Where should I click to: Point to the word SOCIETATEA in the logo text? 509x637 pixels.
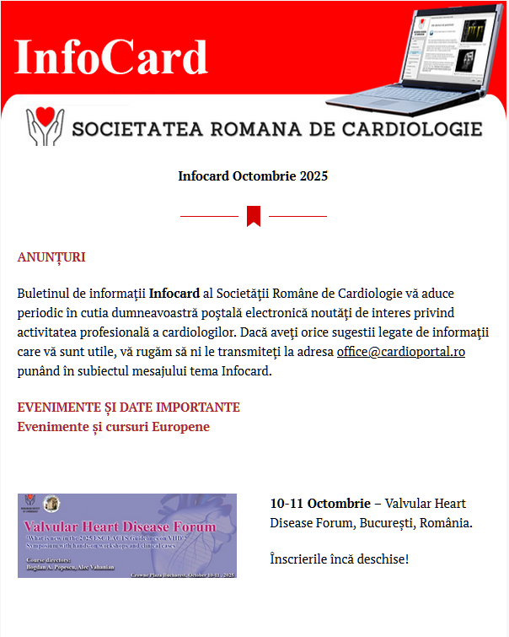tap(137, 129)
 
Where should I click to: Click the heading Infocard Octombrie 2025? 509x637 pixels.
tap(253, 176)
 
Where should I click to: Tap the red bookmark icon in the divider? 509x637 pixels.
tap(254, 216)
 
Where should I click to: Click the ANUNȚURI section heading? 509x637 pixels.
tap(51, 257)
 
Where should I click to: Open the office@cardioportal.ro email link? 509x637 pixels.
tap(401, 351)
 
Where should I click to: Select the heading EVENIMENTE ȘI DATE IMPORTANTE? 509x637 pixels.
tap(129, 408)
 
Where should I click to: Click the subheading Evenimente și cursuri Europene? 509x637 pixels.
tap(114, 427)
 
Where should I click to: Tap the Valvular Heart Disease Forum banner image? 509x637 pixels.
tap(127, 536)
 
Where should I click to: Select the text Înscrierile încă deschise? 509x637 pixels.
tap(339, 559)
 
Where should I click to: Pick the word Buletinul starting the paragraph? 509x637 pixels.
tap(46, 295)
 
